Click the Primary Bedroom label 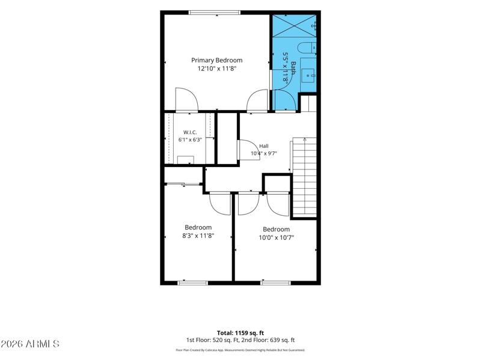216,60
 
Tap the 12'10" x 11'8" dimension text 217,69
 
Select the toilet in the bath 307,48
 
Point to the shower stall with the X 295,26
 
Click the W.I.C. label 190,132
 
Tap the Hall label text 264,146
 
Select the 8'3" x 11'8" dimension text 198,236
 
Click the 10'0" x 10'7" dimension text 277,237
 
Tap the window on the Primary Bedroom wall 215,13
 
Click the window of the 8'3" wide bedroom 193,282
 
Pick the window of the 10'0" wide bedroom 275,282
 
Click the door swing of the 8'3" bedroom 220,204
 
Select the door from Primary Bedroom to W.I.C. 186,99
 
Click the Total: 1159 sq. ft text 240,333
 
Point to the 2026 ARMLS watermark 29,344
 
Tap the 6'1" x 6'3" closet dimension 190,140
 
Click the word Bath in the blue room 293,68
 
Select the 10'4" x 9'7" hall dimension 264,153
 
